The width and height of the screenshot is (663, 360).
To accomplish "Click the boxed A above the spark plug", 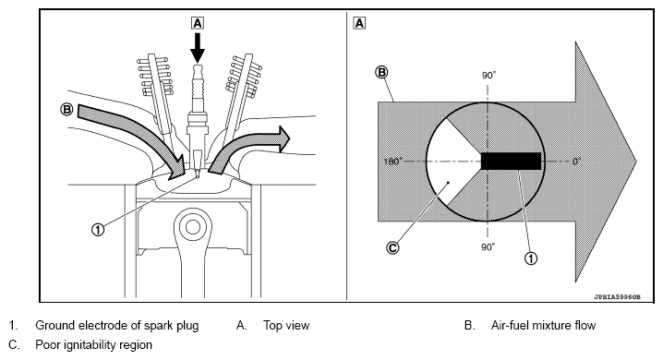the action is click(198, 23).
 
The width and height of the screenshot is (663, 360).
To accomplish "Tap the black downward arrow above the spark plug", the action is click(198, 47).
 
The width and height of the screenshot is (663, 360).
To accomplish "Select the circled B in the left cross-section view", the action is click(66, 110).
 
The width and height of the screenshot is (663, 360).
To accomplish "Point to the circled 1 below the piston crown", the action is click(98, 230).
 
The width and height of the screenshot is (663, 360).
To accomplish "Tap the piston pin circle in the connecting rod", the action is click(192, 227).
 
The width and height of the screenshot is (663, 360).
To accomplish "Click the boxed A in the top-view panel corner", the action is click(359, 23).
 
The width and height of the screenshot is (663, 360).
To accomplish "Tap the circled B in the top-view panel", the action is click(381, 73).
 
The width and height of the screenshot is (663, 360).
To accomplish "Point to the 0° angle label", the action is click(577, 161).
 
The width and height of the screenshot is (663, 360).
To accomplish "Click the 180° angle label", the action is click(392, 162).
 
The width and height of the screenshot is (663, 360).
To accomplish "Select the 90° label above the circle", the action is click(488, 75).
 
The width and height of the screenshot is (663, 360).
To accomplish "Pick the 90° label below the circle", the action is click(488, 246).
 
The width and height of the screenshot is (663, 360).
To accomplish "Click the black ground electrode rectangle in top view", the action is click(511, 161).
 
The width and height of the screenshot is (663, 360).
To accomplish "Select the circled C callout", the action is click(392, 247).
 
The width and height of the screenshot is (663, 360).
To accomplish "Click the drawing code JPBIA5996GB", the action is click(618, 297).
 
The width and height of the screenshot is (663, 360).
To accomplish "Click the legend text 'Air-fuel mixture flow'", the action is click(543, 325).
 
